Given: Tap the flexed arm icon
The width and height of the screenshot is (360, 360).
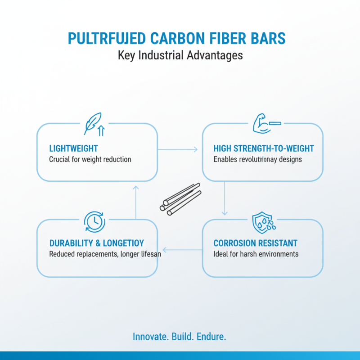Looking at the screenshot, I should (x=264, y=124).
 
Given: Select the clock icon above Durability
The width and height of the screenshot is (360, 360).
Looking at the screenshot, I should (x=94, y=221).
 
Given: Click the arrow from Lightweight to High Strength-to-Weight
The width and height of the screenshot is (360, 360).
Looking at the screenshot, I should (x=178, y=149).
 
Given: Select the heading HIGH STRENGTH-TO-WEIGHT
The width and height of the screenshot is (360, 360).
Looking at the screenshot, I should (x=263, y=148).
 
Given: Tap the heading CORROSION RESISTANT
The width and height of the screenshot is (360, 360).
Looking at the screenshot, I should (x=255, y=243).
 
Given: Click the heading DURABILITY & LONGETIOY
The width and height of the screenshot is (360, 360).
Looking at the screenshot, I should (x=96, y=243).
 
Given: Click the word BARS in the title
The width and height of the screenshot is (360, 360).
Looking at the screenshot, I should (x=268, y=39).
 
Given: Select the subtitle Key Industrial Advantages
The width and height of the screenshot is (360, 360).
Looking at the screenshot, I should (x=180, y=55).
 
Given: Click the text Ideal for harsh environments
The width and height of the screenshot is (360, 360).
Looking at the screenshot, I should (x=256, y=254).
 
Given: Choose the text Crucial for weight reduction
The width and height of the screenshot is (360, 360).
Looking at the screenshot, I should (x=90, y=159).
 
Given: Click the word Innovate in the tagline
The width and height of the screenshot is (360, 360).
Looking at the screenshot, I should (x=151, y=337).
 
